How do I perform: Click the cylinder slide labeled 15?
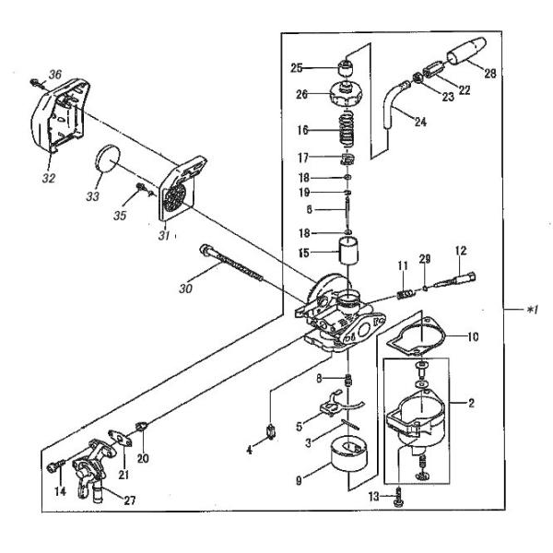click(x=347, y=250)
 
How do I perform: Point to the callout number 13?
click(x=374, y=497)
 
